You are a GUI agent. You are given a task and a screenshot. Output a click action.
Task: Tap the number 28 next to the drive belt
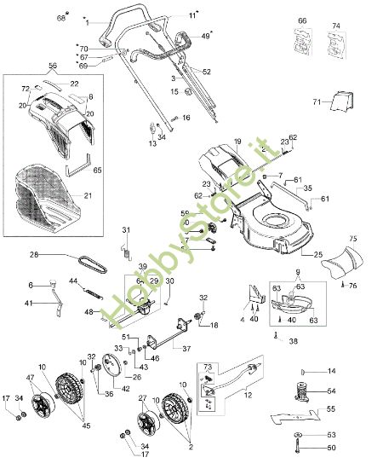pos(35,254)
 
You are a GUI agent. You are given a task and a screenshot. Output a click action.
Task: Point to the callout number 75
pos(354,239)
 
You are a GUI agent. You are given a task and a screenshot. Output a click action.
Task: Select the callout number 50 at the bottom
pos(331,448)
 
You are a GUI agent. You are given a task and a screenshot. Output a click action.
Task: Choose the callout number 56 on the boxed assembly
pos(53,66)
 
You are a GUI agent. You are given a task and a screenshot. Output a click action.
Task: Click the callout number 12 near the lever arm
pos(248,396)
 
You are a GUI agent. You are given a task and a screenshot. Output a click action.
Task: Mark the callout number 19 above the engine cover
pos(237,141)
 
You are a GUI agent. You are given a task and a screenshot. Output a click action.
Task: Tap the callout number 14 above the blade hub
pos(332,371)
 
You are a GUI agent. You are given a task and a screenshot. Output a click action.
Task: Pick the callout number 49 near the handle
pos(205,36)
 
